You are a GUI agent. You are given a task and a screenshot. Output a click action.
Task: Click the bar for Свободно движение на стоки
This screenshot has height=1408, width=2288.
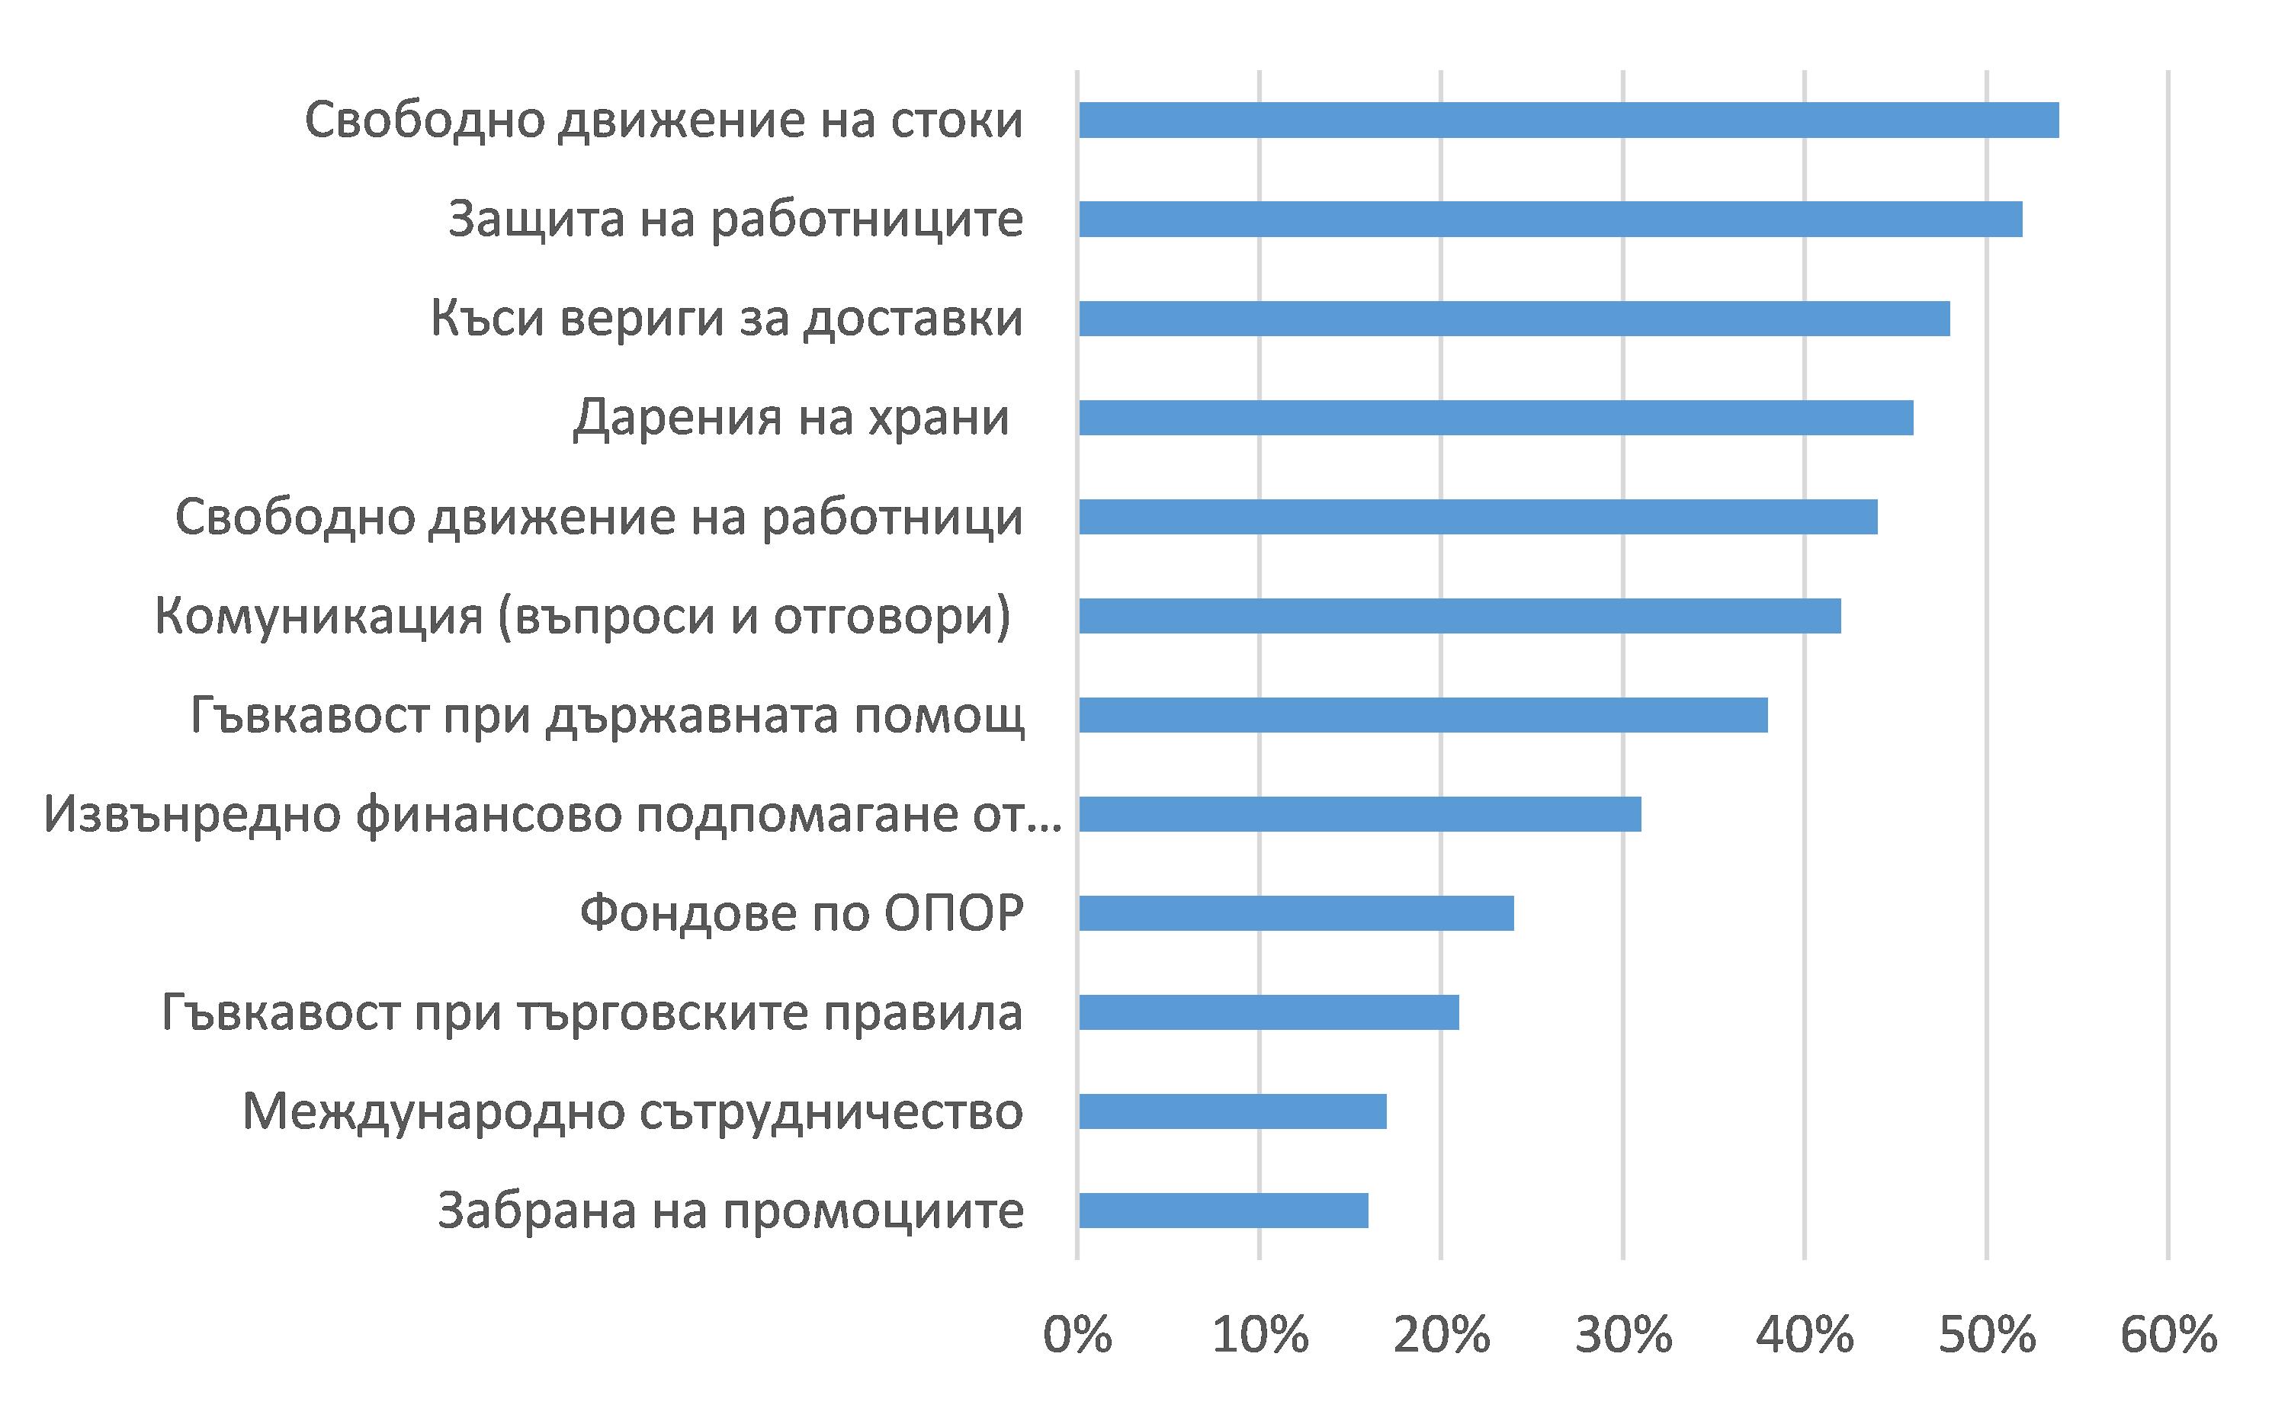1568,120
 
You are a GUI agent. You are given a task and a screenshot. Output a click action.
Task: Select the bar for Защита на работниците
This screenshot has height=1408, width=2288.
1551,219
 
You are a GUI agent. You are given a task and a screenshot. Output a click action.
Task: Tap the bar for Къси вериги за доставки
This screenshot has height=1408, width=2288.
1514,319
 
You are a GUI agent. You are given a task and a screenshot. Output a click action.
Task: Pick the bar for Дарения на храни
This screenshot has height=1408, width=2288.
1496,417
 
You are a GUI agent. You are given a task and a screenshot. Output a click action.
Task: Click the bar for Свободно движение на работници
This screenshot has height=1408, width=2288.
1478,517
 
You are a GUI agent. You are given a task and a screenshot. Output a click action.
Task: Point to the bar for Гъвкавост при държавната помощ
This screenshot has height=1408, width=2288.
1423,715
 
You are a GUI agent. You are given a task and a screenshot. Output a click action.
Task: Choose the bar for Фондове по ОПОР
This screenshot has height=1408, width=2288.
1296,913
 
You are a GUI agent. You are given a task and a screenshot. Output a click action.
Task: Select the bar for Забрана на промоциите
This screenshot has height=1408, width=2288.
1224,1211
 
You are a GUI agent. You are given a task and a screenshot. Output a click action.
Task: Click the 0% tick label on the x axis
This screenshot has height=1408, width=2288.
1077,1336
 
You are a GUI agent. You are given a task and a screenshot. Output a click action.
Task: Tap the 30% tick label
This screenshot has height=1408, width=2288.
1623,1336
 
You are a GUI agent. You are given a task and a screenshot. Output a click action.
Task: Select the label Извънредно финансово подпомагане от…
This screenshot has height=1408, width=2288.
552,815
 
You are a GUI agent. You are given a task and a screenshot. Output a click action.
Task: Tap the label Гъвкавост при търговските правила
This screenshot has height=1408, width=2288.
592,1013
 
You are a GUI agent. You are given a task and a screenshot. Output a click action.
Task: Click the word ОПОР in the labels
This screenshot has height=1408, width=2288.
954,913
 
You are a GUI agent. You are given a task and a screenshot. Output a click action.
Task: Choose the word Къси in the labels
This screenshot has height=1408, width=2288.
487,319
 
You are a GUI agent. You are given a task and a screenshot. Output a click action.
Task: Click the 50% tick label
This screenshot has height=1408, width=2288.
1987,1336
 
